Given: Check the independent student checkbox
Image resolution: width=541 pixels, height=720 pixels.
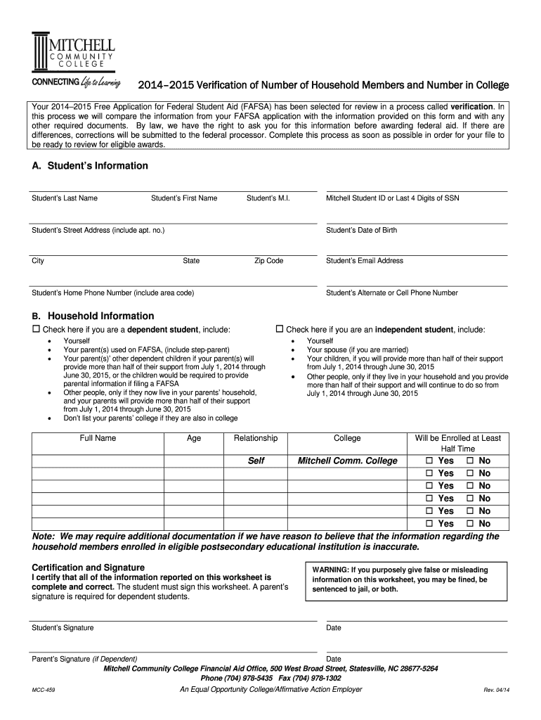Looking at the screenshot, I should [279, 329].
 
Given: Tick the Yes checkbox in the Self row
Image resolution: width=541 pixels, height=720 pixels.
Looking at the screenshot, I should [429, 461].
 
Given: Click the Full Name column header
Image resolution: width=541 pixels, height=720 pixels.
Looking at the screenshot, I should [98, 438].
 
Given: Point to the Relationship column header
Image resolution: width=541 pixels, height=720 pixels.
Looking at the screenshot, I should [255, 438].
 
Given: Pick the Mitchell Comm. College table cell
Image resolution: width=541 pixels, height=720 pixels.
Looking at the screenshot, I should [347, 461].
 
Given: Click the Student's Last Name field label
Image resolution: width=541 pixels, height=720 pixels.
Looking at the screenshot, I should [65, 198].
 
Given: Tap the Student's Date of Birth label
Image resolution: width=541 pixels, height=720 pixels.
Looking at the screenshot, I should [361, 230].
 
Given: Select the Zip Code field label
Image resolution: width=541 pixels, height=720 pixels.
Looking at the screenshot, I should [268, 261].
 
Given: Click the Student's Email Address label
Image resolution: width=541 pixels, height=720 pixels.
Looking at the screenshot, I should [365, 261].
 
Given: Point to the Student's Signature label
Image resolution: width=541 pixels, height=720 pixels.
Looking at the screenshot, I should [63, 628].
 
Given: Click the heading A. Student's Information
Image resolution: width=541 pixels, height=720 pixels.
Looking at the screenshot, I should [90, 166].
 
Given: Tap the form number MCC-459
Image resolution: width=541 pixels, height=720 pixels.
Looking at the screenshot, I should [44, 690].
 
